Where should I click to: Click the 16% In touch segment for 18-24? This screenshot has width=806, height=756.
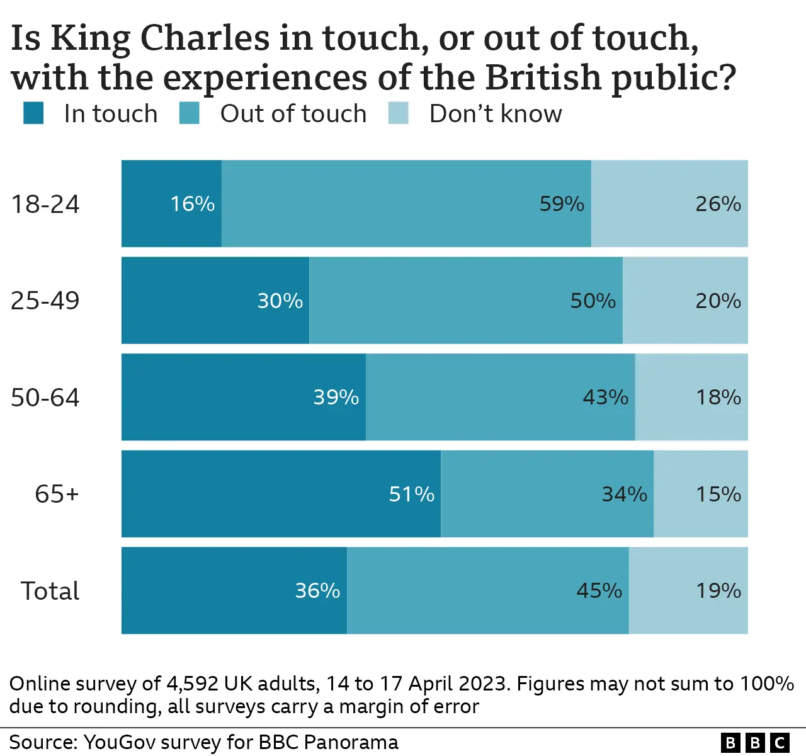pos(171,203)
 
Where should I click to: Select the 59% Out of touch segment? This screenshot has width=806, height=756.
pos(406,203)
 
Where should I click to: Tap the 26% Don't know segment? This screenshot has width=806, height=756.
pos(669,203)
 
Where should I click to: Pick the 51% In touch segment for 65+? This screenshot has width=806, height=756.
pos(281,494)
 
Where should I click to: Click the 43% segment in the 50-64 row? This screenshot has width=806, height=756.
pos(500,397)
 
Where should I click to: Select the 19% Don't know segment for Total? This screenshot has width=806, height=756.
pos(688,590)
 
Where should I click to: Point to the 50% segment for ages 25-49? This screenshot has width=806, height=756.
pos(466,301)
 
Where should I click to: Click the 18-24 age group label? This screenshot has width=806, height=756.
pos(45,204)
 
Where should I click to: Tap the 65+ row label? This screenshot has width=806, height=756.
pos(57,494)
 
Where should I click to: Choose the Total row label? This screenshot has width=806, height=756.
pos(50,591)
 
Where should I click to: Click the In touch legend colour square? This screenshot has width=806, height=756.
pos(33,113)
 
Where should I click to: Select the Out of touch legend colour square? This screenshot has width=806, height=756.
pos(190,113)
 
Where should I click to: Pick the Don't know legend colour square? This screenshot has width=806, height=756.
pos(399,113)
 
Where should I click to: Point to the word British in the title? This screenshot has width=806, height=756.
pos(543,77)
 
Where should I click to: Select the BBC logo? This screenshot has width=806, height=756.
pos(755,743)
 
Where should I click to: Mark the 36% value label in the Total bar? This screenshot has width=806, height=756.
pos(317,590)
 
